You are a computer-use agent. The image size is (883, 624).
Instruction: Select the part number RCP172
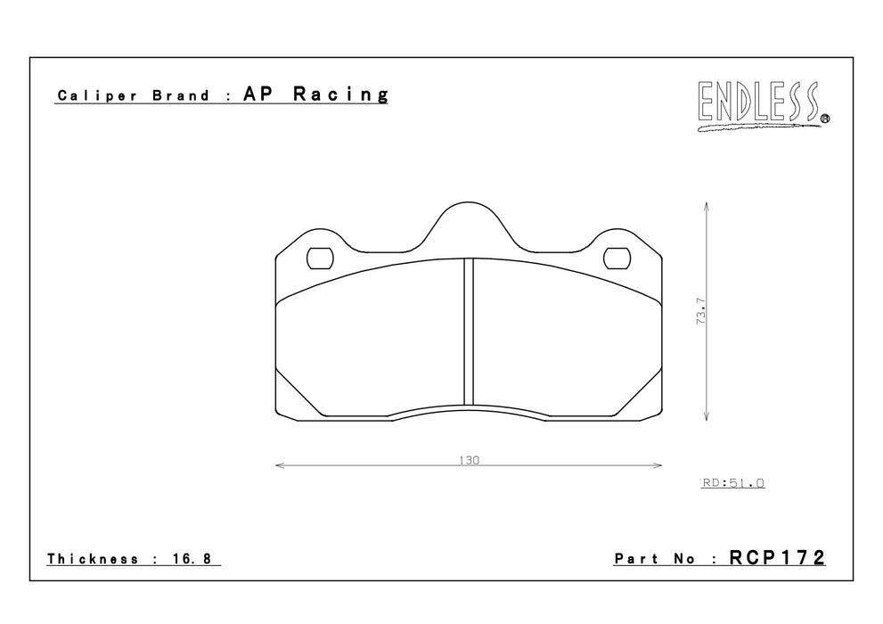coord(777,557)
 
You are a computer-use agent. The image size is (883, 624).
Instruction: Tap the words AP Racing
coord(316,94)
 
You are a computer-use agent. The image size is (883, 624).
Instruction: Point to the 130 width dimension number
coord(469,460)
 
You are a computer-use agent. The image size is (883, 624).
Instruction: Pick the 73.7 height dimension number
coord(701,311)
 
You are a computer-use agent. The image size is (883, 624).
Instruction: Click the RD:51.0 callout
coord(733,482)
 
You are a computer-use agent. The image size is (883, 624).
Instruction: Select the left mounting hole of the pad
coord(320,259)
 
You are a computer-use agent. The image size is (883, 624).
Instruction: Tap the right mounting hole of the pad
coord(617,259)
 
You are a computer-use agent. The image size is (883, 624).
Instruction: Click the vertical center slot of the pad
coord(469,331)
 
